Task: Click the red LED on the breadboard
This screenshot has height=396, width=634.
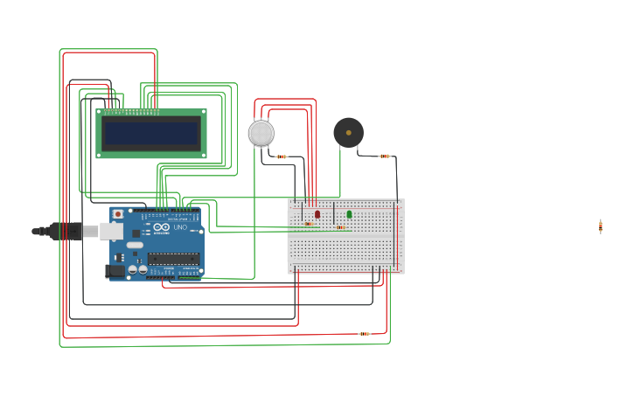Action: [x=317, y=213]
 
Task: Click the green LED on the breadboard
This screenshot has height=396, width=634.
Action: [x=349, y=213]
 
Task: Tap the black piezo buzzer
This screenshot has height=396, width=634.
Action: [x=348, y=133]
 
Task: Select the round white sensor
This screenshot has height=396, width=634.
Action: [x=261, y=133]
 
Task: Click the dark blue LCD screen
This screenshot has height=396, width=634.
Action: [x=151, y=134]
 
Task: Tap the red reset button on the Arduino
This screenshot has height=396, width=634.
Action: [x=118, y=213]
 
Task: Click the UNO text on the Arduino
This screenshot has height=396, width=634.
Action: [x=179, y=227]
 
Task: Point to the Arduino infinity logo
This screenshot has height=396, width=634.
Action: [x=162, y=227]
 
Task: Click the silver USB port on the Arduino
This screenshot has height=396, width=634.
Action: [x=111, y=231]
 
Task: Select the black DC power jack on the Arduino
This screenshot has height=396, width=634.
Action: [x=115, y=271]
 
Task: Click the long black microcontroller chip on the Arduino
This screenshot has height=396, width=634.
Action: [x=173, y=258]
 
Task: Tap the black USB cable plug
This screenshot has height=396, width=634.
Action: [x=66, y=231]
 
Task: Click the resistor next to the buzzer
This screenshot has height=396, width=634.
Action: [x=385, y=156]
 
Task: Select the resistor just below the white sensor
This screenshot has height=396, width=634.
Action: [x=281, y=156]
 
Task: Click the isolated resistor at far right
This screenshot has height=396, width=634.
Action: [x=601, y=226]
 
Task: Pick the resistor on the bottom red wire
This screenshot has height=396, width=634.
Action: [x=364, y=333]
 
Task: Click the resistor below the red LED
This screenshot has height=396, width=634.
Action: [x=309, y=224]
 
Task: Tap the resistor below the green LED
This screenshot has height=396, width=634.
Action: [x=340, y=227]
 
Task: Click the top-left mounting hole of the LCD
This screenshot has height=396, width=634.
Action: [x=100, y=113]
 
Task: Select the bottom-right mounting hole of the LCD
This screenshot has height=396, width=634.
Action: [x=203, y=155]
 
